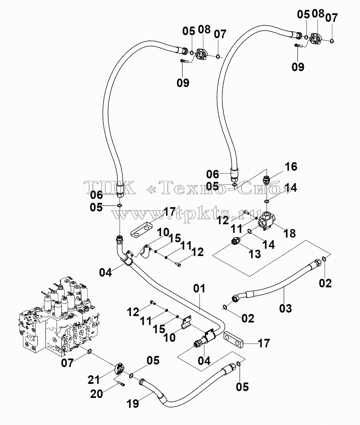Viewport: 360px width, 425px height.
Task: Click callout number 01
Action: (199, 289)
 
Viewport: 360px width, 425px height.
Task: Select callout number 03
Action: (285, 308)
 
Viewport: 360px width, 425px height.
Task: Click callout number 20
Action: (96, 394)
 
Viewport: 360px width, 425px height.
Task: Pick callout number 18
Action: (290, 233)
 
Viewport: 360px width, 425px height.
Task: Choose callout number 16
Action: (291, 166)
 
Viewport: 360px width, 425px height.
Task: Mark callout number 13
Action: (255, 254)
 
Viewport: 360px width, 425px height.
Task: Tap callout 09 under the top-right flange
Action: (298, 66)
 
